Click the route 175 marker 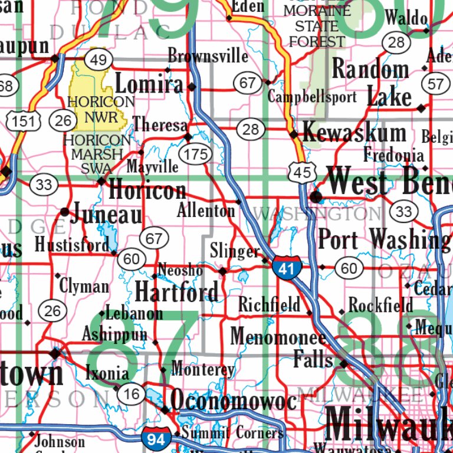click(x=196, y=155)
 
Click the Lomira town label click(x=149, y=84)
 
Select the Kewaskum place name click(x=354, y=133)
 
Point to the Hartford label click(x=176, y=291)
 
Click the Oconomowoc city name click(x=234, y=401)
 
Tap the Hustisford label click(x=72, y=244)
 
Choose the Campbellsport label click(x=312, y=97)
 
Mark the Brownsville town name click(x=208, y=56)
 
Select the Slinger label click(x=234, y=252)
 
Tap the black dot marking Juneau click(x=64, y=211)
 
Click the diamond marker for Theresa click(x=188, y=137)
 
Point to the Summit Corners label click(x=232, y=433)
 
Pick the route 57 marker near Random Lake click(x=435, y=84)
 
